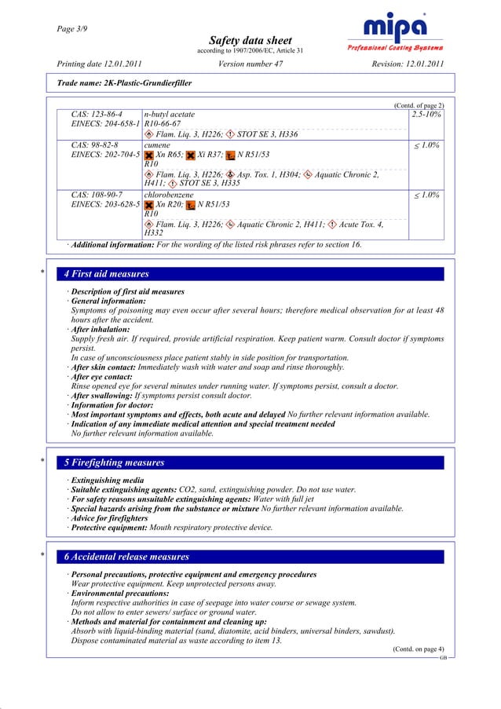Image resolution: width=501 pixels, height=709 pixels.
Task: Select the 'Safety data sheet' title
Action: [x=250, y=40]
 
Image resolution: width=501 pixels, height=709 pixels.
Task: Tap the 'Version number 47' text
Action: [x=250, y=64]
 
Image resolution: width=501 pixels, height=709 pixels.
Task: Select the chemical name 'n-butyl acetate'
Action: [x=170, y=115]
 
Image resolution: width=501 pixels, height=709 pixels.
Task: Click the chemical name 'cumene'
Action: [x=159, y=145]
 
